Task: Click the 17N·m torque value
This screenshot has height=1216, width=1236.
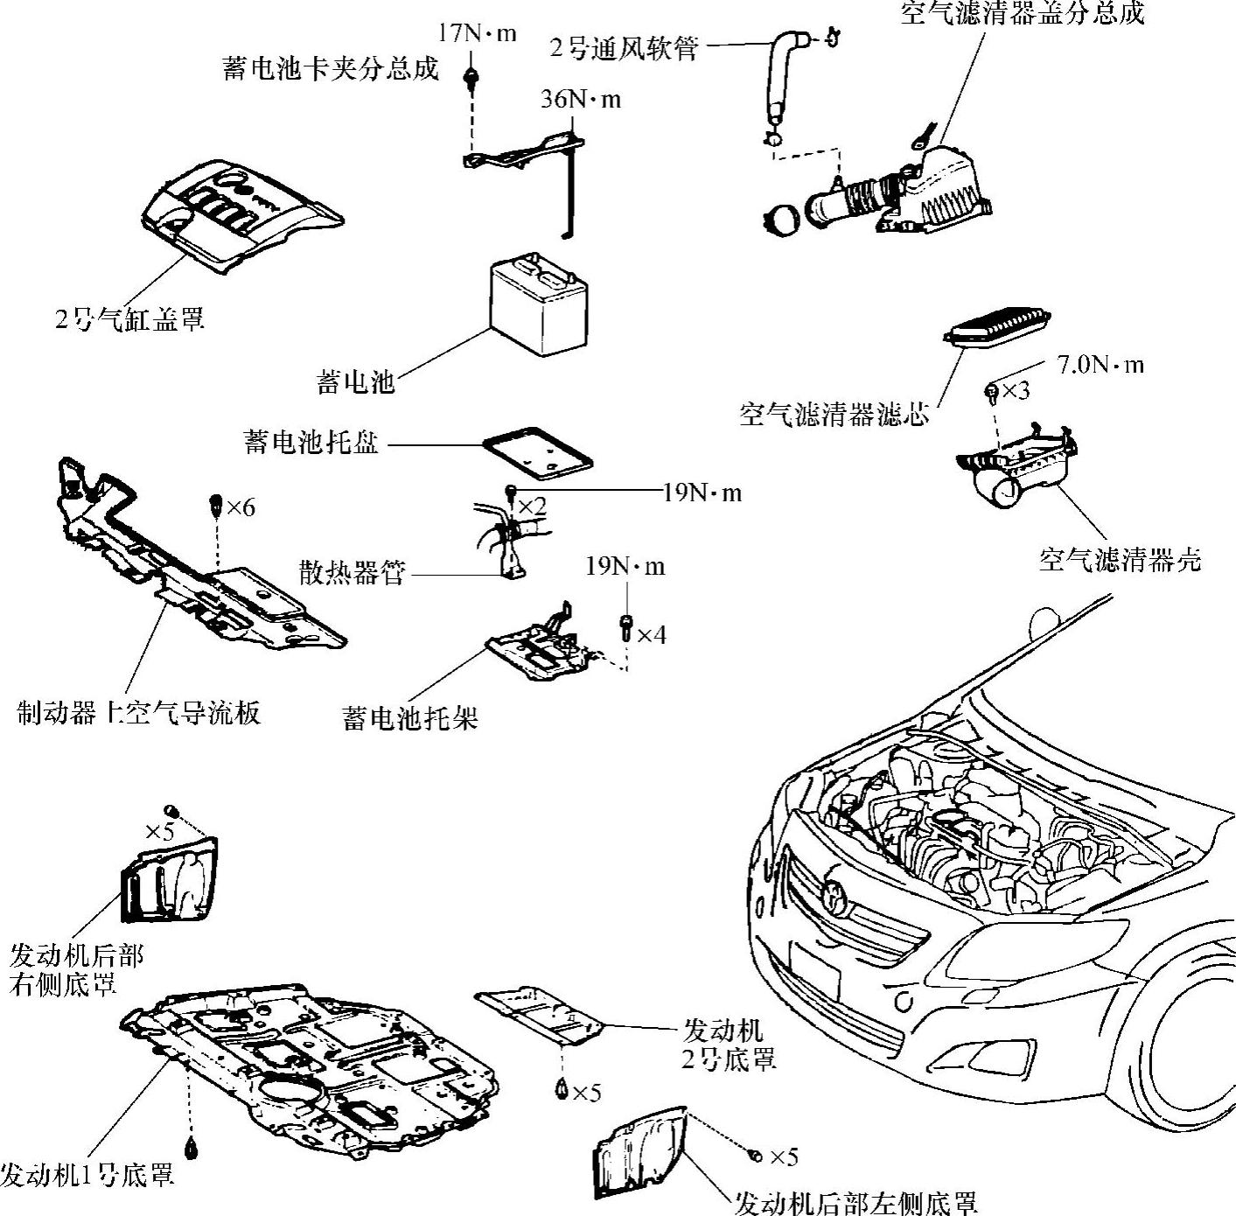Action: click(x=477, y=34)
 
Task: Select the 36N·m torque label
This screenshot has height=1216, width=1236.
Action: click(x=580, y=100)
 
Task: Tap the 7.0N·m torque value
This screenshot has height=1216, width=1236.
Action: click(x=1100, y=365)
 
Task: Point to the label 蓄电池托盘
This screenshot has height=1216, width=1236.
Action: click(x=311, y=443)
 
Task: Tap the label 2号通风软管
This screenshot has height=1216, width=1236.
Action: click(x=624, y=47)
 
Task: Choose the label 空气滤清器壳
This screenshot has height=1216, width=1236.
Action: click(x=1120, y=559)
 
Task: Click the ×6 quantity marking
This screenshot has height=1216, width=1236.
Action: click(x=241, y=507)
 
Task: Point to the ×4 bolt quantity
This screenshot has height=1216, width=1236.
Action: click(x=651, y=634)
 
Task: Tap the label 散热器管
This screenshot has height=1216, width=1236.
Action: click(x=352, y=574)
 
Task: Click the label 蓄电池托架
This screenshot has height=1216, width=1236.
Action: click(x=410, y=719)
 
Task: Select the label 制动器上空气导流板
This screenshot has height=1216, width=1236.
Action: click(x=139, y=713)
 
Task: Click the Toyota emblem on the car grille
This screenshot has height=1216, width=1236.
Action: click(x=835, y=894)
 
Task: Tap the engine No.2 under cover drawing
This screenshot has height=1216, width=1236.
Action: click(x=538, y=1014)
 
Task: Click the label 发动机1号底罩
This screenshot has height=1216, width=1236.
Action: click(x=87, y=1174)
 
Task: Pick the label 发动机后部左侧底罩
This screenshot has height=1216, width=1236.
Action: click(x=855, y=1204)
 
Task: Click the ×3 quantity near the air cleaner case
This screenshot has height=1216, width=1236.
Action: click(x=1015, y=391)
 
